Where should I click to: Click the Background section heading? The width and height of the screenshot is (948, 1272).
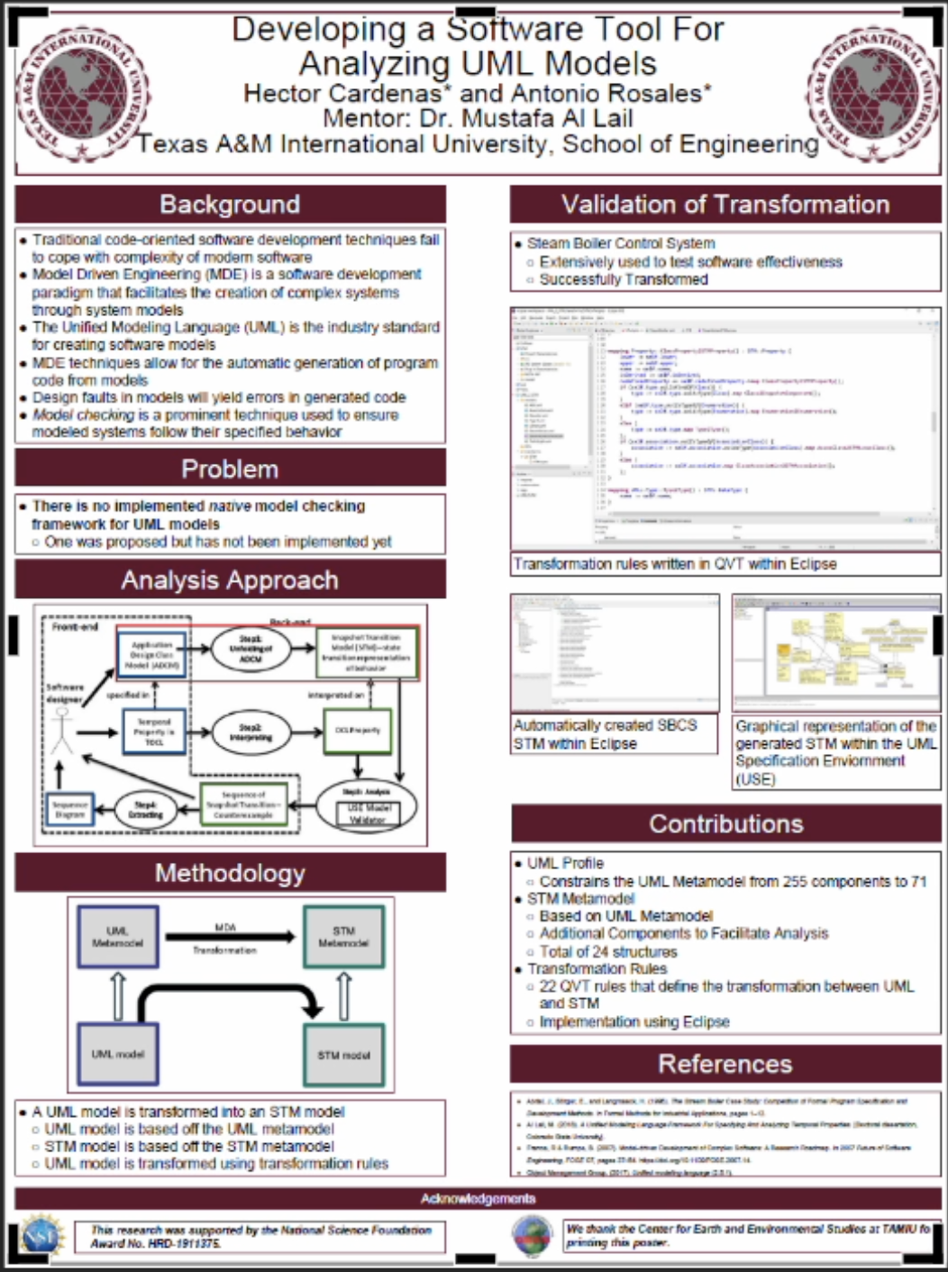point(230,204)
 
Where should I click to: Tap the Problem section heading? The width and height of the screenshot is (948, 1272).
point(230,468)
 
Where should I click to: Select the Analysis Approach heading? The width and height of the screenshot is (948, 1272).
point(230,580)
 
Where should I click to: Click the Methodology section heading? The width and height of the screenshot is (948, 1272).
point(230,873)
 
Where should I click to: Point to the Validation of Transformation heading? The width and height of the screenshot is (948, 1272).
point(725,204)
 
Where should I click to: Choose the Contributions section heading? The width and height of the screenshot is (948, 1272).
point(725,823)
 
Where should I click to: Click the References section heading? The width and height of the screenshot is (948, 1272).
point(725,1064)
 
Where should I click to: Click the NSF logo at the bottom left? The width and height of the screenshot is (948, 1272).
point(43,1236)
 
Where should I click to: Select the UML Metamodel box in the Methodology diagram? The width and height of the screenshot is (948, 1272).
point(118,937)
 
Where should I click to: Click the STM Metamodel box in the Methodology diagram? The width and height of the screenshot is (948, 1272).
point(343,937)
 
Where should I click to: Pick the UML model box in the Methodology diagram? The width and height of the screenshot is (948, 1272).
point(118,1054)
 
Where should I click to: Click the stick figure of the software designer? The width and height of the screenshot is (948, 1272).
point(61,730)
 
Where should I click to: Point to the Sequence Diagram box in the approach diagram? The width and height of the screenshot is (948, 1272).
point(69,809)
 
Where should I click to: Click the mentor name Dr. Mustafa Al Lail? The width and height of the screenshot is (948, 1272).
point(478,118)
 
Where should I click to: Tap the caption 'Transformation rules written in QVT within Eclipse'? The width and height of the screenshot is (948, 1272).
point(675,564)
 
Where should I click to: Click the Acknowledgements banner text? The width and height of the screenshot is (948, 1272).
point(478,1198)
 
